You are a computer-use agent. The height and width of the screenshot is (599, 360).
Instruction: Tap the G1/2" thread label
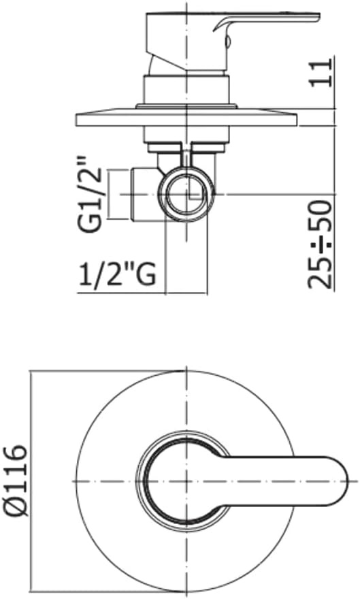pos(93,195)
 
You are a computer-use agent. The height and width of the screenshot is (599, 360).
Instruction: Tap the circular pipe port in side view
pos(186,194)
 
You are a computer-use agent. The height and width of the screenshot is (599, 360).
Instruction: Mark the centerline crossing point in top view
pos(185,481)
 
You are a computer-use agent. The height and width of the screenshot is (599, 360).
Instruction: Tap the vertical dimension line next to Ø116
pos(32,481)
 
